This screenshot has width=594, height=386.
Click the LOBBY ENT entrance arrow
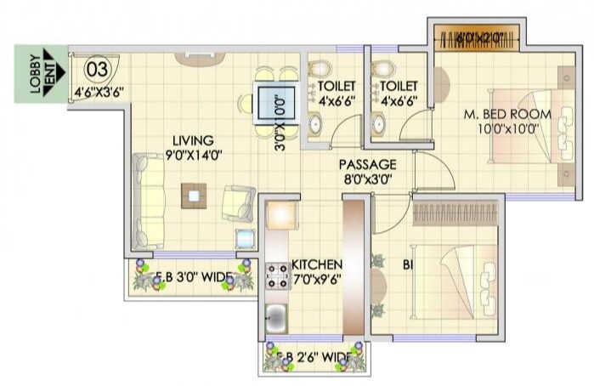(42, 76)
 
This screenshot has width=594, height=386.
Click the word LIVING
(193, 140)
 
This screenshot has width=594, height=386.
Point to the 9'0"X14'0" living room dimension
(193, 155)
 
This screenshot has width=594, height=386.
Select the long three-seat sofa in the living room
(150, 201)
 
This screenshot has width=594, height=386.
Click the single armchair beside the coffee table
(237, 202)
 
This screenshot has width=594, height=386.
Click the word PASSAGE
(367, 164)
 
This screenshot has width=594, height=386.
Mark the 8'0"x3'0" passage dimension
(367, 179)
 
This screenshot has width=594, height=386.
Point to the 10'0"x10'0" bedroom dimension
(507, 129)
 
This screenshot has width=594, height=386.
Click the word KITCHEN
(316, 264)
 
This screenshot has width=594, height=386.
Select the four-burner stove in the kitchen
(278, 276)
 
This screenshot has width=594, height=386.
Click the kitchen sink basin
(277, 320)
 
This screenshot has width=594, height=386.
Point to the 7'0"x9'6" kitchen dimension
(316, 279)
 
